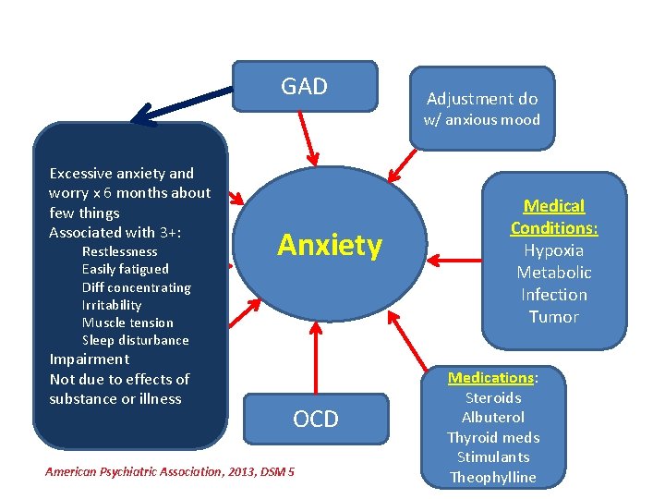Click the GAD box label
click(304, 87)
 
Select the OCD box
click(316, 420)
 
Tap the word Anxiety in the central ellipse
click(330, 246)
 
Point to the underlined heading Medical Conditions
click(554, 217)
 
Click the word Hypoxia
click(554, 250)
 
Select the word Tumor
click(554, 317)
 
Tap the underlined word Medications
click(491, 378)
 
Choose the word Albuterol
click(493, 418)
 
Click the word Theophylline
click(493, 477)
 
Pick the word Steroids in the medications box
click(493, 398)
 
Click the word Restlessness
click(120, 251)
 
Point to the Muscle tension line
click(127, 323)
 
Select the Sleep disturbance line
click(135, 340)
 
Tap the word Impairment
click(90, 359)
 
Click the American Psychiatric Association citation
click(170, 472)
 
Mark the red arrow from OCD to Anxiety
click(316, 357)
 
